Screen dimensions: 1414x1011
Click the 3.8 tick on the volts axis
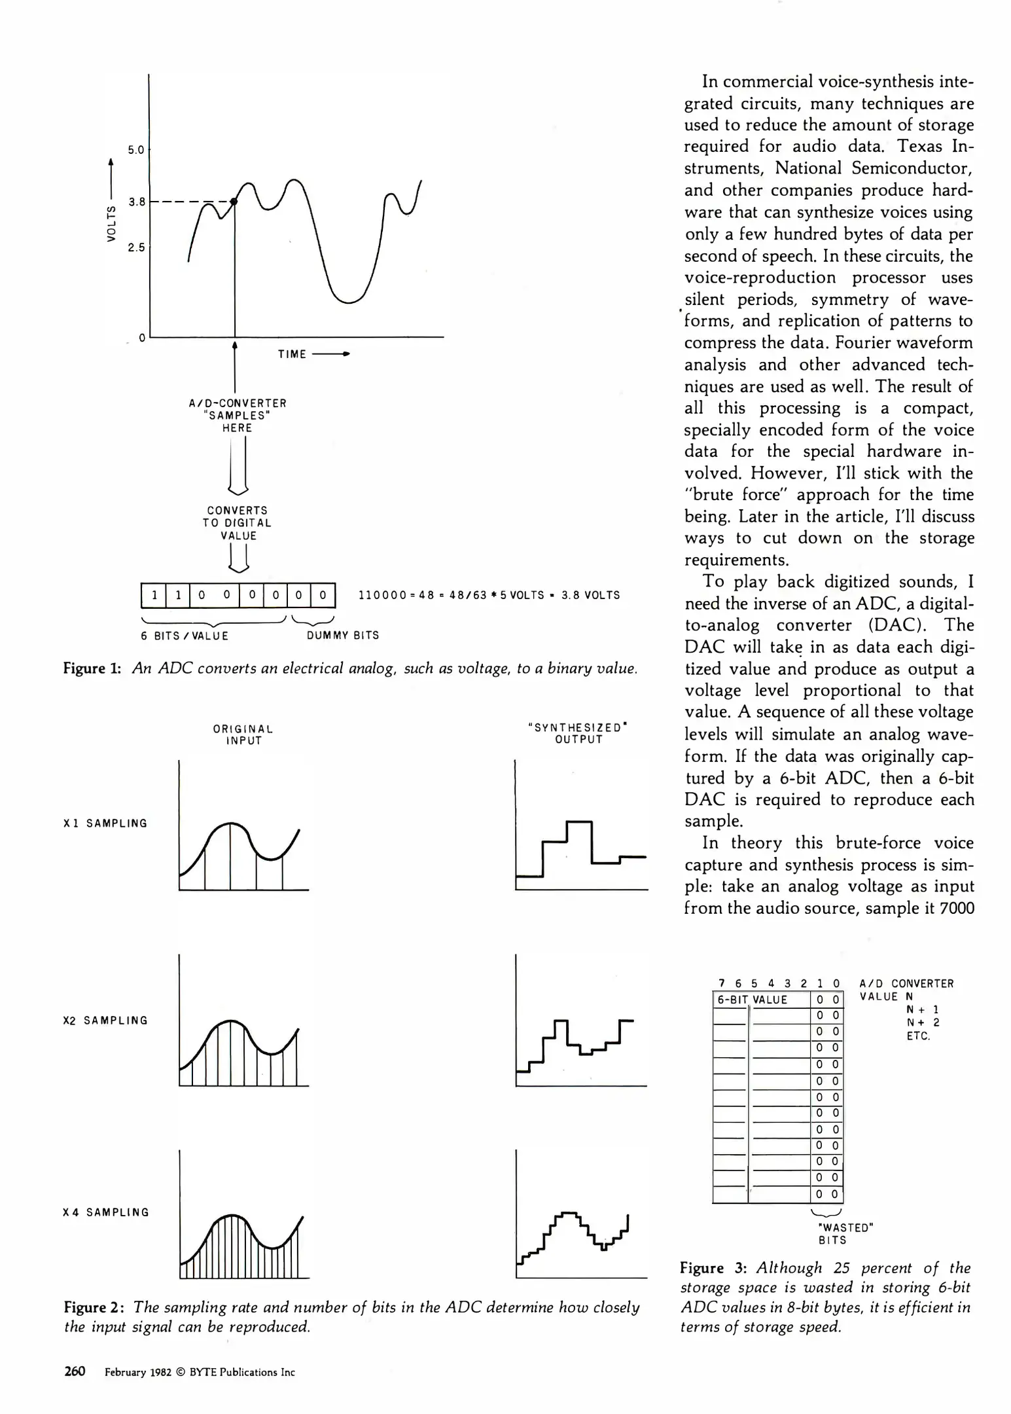click(x=137, y=202)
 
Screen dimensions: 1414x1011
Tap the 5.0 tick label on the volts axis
click(x=135, y=150)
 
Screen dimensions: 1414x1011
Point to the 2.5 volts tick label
click(x=136, y=247)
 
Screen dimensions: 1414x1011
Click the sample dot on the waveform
click(x=234, y=202)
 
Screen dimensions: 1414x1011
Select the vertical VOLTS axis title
click(x=112, y=223)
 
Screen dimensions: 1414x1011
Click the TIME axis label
click(x=292, y=354)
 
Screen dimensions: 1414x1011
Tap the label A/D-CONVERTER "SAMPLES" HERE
click(x=237, y=415)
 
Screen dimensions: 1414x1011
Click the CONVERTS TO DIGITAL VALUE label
click(x=237, y=522)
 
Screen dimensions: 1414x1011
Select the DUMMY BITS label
click(x=343, y=635)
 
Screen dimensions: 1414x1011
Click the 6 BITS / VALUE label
click(x=185, y=635)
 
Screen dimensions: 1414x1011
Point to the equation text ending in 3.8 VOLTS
click(x=489, y=595)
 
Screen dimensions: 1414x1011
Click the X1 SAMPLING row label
click(x=105, y=824)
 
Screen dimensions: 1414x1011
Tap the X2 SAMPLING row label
click(x=105, y=1021)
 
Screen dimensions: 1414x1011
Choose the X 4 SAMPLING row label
click(x=105, y=1212)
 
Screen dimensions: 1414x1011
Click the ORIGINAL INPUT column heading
click(x=243, y=734)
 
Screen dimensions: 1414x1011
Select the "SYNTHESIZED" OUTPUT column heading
click(x=578, y=733)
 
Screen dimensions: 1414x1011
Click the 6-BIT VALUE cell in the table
click(x=753, y=1000)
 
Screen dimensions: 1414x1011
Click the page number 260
click(x=75, y=1371)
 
